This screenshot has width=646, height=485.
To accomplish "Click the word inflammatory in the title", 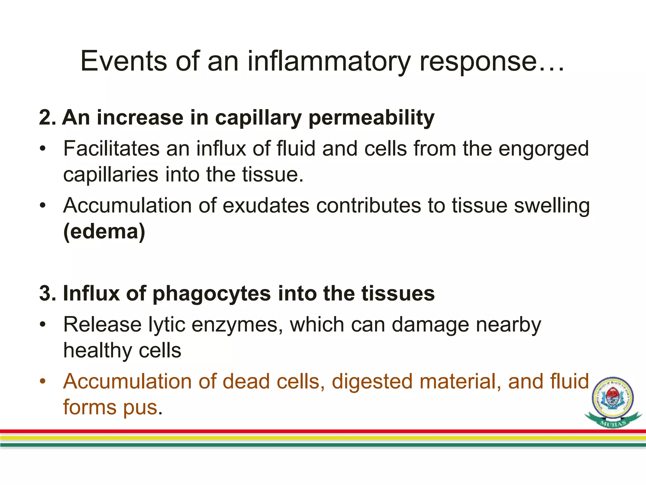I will pyautogui.click(x=329, y=61).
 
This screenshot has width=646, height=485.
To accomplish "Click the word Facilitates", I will pyautogui.click(x=111, y=148).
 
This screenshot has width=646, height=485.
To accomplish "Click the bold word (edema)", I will pyautogui.click(x=104, y=231).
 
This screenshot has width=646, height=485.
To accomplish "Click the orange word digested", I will pyautogui.click(x=372, y=381).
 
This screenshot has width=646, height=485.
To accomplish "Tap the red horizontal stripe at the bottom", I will pyautogui.click(x=315, y=431).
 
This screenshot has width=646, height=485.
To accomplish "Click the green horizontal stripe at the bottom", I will pyautogui.click(x=315, y=445).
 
